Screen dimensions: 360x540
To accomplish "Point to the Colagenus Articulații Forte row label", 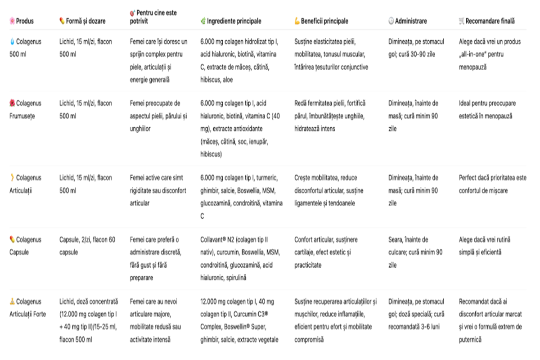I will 27,308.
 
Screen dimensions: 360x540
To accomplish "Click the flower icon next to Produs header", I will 12,21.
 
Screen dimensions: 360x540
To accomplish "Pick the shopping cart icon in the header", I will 461,21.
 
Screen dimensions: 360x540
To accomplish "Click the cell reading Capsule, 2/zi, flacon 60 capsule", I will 87,246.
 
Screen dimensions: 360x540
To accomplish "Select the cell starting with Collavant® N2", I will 240,259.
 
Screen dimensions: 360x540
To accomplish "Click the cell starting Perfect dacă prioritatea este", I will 492,184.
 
